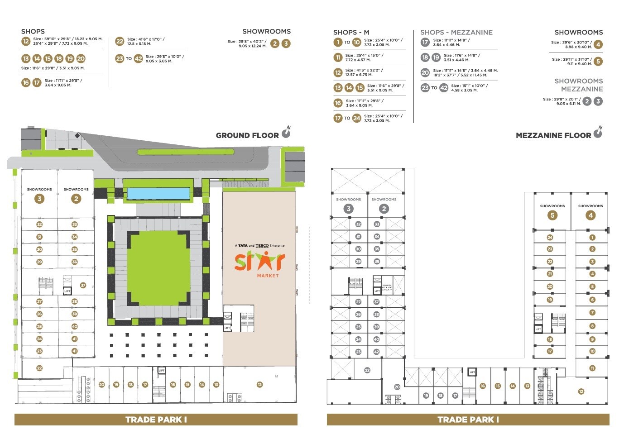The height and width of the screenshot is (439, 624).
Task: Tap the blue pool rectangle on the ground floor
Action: [x=158, y=194]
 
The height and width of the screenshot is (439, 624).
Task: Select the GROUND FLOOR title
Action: [x=247, y=135]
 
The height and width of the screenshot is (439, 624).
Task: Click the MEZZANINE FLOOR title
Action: [x=553, y=135]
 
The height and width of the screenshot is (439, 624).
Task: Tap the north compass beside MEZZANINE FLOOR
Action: [x=598, y=133]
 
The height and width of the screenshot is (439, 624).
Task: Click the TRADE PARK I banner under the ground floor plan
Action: [x=156, y=420]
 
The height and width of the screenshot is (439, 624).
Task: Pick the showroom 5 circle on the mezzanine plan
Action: [x=552, y=215]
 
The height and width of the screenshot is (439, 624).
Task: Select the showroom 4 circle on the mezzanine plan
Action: [x=590, y=215]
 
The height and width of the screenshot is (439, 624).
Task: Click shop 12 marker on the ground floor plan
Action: [x=259, y=385]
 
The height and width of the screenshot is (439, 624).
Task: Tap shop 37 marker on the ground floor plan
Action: [x=83, y=285]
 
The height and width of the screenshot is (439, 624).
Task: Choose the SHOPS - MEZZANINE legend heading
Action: [x=456, y=33]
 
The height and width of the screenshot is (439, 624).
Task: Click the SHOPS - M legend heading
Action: [x=351, y=33]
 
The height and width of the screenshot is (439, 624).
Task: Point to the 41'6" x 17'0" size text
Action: [x=146, y=39]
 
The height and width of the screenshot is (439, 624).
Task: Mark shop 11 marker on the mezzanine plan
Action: [x=592, y=368]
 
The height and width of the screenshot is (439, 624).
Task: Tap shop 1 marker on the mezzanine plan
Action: [x=592, y=238]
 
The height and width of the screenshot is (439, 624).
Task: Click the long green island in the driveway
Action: [x=186, y=152]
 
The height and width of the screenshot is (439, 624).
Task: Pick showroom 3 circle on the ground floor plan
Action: [x=39, y=199]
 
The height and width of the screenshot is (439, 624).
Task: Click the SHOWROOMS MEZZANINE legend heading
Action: [x=578, y=85]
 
